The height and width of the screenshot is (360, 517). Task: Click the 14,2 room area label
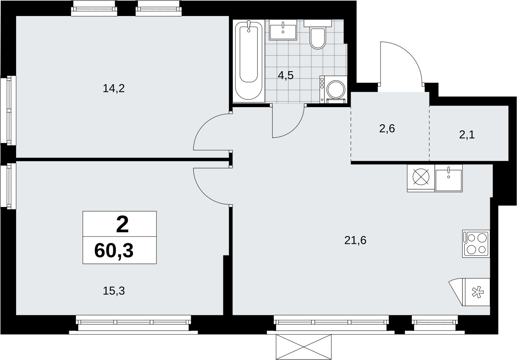[114, 88]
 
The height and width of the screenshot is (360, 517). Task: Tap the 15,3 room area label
[114, 291]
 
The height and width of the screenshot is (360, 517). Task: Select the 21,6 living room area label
[355, 240]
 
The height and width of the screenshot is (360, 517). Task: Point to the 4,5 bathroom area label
[286, 75]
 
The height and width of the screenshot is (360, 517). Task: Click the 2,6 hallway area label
[387, 129]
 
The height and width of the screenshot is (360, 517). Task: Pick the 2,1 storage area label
[467, 135]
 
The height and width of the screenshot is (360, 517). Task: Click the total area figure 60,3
[114, 251]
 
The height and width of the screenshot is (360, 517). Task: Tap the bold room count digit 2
[122, 225]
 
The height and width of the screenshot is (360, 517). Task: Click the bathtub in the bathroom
[249, 61]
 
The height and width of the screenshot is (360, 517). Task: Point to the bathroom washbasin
[283, 30]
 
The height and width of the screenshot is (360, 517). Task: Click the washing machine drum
[336, 89]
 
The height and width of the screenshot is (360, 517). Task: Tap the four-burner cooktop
[476, 244]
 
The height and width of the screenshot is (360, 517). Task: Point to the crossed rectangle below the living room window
[304, 347]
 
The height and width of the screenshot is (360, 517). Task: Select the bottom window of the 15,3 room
[133, 325]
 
